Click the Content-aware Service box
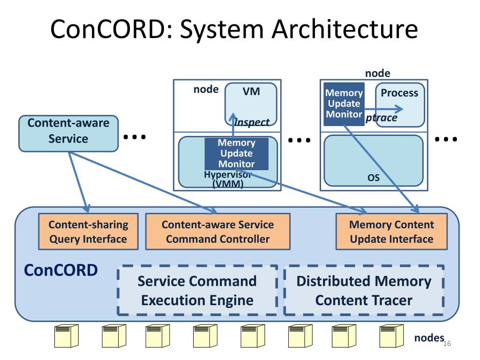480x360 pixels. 68,134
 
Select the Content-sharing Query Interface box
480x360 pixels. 88,232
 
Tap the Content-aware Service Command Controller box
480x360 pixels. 217,232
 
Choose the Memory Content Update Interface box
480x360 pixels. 391,232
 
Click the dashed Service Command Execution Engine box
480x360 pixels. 197,290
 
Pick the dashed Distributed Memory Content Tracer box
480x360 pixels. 364,290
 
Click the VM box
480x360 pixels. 251,104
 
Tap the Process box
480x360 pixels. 400,105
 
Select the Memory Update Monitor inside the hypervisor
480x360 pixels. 236,153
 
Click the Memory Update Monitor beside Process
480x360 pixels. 344,104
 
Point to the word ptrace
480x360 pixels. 382,118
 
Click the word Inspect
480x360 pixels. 252,122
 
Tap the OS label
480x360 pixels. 374,178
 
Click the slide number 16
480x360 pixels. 447,344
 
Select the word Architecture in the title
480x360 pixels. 345,29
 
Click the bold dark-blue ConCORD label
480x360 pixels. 61,270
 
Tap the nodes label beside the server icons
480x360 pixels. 429,337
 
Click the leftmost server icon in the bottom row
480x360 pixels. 67,336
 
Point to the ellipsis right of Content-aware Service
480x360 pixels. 135,137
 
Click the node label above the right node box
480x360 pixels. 378,73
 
